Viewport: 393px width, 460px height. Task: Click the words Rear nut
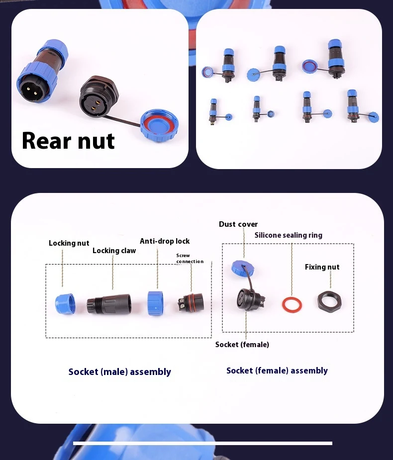[68, 141]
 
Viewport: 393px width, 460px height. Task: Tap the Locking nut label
[69, 243]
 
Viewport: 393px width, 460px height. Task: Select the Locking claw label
[114, 251]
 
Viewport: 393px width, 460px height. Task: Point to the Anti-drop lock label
[165, 241]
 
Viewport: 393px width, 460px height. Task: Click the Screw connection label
[190, 259]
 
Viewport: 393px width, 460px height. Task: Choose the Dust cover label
[238, 224]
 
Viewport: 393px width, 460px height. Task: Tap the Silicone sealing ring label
[289, 235]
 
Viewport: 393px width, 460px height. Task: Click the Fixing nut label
[322, 267]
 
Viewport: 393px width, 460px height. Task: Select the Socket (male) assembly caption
[120, 371]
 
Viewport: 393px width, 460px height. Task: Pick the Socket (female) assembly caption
[277, 370]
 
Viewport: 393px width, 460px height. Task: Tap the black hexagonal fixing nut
[329, 301]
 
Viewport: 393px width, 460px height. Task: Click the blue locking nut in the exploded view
[65, 304]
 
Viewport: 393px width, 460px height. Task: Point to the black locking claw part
[109, 304]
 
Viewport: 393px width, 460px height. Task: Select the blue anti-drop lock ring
[155, 303]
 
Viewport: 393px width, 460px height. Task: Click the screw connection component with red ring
[191, 303]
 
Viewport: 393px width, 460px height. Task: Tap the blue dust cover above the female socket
[242, 269]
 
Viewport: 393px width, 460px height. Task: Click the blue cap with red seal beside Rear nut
[159, 125]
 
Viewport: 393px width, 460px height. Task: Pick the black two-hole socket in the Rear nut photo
[98, 96]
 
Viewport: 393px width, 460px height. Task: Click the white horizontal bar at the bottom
[202, 443]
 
